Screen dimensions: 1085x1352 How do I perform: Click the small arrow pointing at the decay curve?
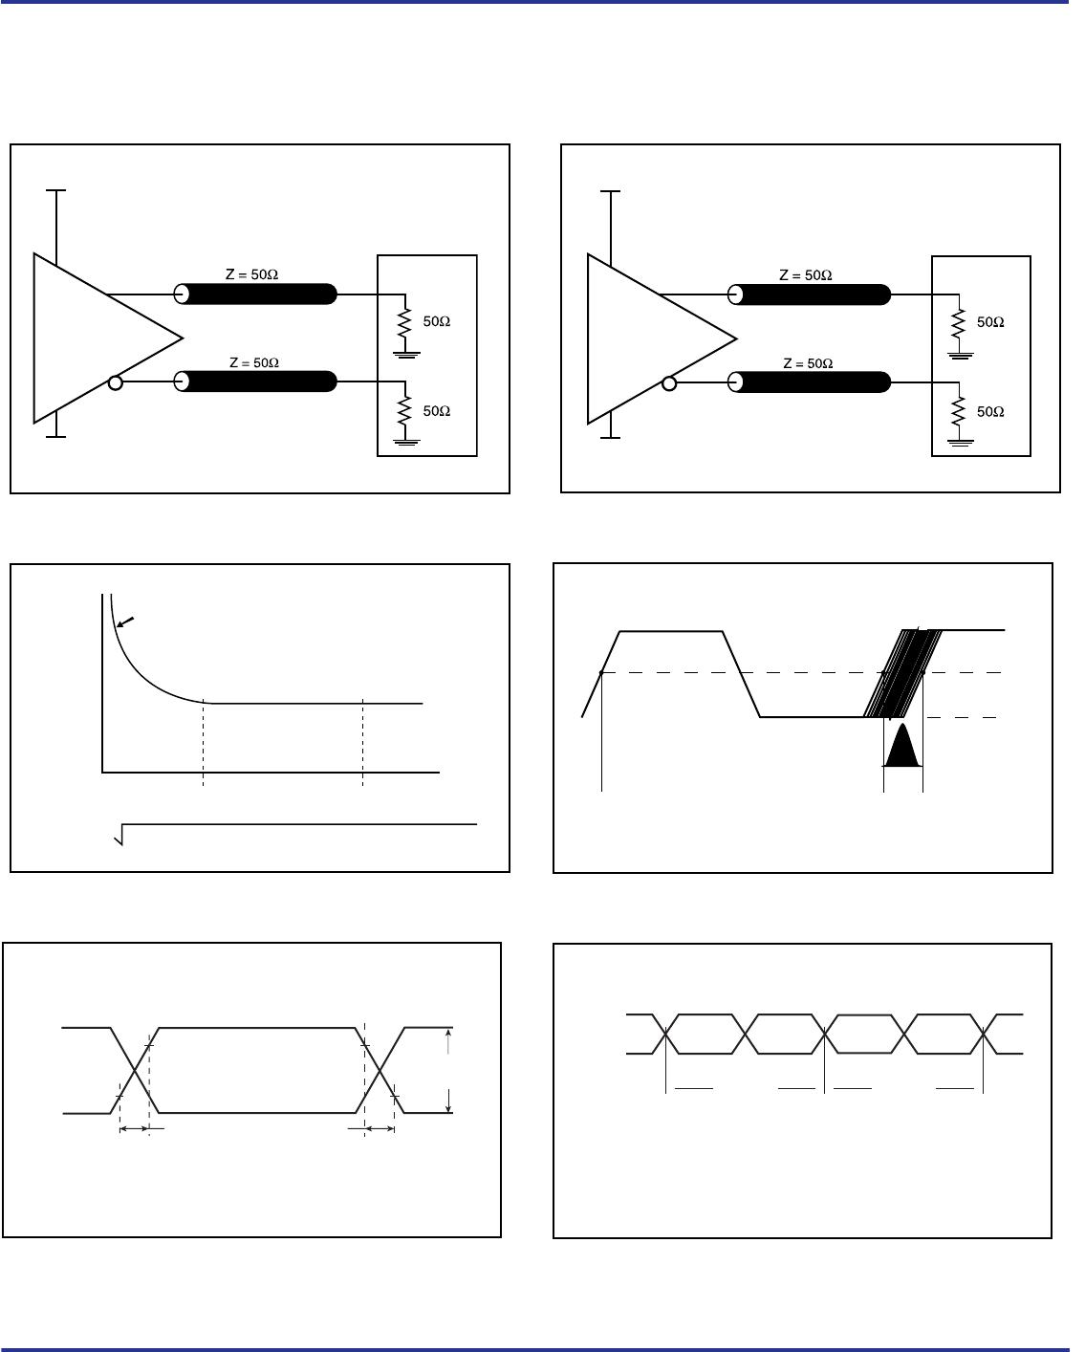click(x=125, y=621)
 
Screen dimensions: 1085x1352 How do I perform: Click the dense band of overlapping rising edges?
click(x=902, y=673)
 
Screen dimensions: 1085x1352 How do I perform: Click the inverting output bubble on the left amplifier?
click(x=115, y=382)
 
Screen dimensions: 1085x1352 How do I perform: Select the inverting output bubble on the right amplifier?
click(x=669, y=383)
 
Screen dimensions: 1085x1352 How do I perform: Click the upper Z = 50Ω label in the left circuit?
click(x=251, y=274)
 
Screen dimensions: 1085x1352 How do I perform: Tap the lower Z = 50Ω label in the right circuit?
click(x=808, y=363)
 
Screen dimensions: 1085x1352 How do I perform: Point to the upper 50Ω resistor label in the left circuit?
click(x=437, y=321)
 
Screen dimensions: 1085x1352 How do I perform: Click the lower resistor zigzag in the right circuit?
click(x=959, y=411)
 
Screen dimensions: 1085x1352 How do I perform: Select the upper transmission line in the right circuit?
click(x=809, y=294)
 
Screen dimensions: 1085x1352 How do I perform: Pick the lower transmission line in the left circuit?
click(x=255, y=382)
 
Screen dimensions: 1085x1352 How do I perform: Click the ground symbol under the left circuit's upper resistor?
click(x=405, y=355)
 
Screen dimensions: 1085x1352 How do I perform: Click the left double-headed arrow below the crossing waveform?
click(x=135, y=1129)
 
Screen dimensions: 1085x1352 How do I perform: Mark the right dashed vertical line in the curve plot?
click(x=362, y=742)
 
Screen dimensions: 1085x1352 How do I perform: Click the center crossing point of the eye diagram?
click(x=824, y=1035)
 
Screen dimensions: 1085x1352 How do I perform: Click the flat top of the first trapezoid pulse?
click(x=671, y=631)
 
